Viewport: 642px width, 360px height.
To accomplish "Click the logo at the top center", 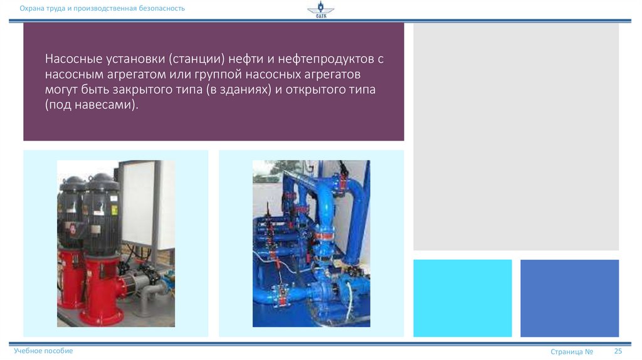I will [320, 11].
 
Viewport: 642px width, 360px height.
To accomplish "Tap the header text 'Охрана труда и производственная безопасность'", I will [102, 8].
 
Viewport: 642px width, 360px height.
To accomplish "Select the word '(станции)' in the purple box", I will [196, 59].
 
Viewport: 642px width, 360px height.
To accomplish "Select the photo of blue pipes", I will [311, 243].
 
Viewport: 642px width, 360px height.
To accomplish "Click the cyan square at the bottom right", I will [463, 298].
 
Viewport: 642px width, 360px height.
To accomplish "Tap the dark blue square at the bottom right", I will [569, 298].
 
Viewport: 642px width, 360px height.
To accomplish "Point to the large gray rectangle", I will [515, 137].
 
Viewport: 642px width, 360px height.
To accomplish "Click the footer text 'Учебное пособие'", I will [43, 351].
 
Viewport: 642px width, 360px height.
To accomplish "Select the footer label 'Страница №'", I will [572, 352].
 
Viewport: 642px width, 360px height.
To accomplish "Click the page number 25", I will [618, 351].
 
